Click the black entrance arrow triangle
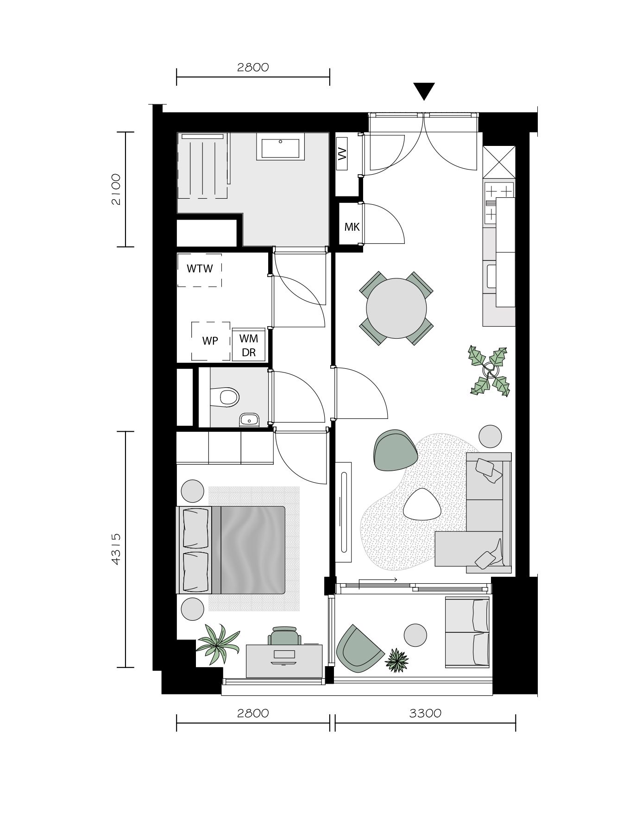click(x=423, y=90)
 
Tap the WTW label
click(x=200, y=269)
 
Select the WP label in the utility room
click(x=210, y=341)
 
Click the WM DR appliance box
click(x=249, y=345)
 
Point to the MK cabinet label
click(x=352, y=227)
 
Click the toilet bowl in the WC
click(x=227, y=397)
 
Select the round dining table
click(x=396, y=308)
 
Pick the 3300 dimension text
click(x=425, y=713)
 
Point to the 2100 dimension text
click(x=116, y=189)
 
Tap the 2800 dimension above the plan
click(x=253, y=68)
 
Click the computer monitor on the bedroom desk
click(x=284, y=655)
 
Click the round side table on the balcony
click(x=415, y=635)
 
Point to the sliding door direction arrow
click(x=378, y=580)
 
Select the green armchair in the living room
click(x=395, y=451)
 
